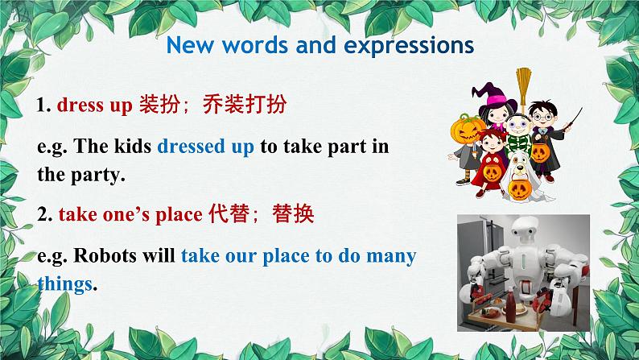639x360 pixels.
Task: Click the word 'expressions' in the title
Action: tap(409, 46)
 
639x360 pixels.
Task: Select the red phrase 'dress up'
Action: tap(94, 106)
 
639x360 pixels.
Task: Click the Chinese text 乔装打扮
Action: tap(245, 104)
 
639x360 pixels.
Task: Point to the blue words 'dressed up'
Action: tap(205, 147)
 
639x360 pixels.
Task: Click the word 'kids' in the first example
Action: tap(133, 146)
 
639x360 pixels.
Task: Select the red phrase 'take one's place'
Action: tap(130, 214)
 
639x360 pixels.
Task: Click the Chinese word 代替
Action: tap(229, 213)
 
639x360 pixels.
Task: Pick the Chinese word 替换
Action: tap(293, 213)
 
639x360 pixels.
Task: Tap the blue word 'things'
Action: tap(65, 283)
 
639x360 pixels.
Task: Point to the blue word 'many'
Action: tap(391, 257)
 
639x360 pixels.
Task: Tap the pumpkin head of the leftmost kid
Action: tap(467, 129)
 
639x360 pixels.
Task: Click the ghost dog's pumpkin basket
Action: tap(520, 188)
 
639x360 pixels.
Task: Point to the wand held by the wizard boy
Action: tap(572, 119)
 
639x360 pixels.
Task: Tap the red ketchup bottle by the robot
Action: tap(510, 304)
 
